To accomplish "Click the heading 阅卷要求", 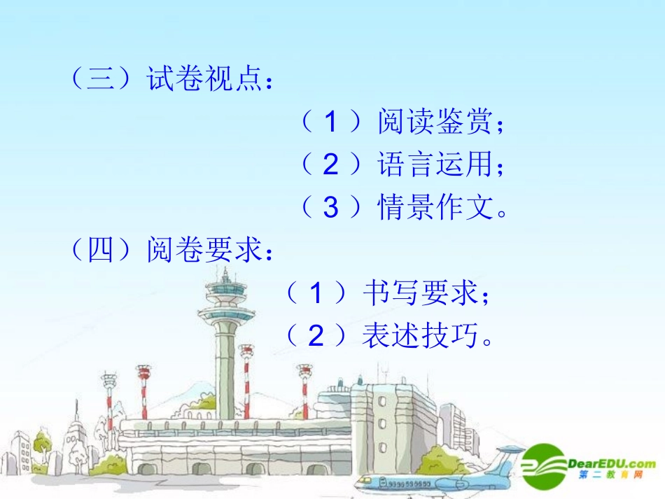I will tap(203, 250).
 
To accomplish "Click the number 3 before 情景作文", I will tap(330, 208).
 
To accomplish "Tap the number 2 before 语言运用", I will tap(330, 165).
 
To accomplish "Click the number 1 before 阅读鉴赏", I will tap(330, 123).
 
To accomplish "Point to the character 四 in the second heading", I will tap(101, 250).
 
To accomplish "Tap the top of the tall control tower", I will tap(225, 274).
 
